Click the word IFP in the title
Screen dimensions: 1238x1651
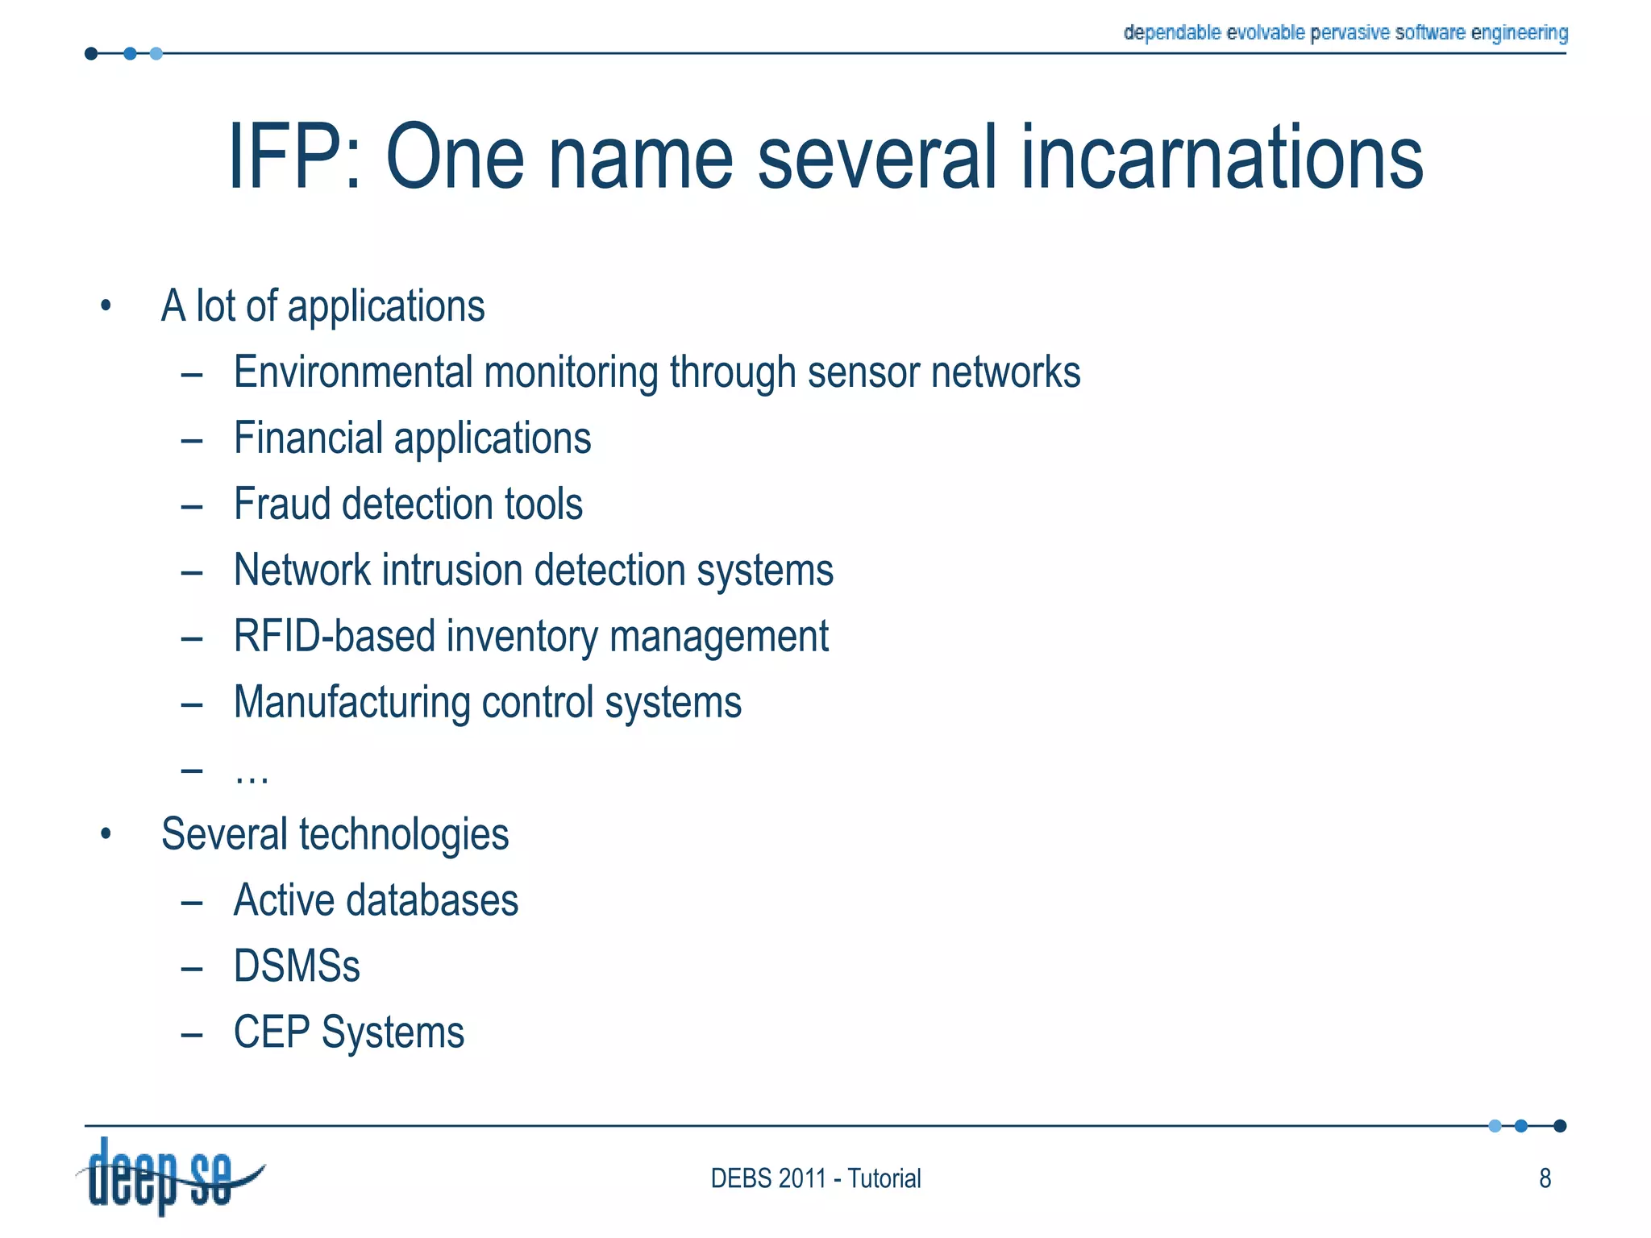tap(282, 157)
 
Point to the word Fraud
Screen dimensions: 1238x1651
tap(281, 505)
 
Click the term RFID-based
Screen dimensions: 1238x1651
tap(334, 637)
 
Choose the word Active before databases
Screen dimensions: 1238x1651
tap(283, 900)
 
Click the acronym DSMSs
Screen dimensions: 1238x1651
tap(297, 966)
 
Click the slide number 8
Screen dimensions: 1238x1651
tap(1545, 1178)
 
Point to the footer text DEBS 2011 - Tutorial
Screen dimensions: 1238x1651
tap(815, 1178)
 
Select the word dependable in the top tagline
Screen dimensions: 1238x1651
tap(1172, 32)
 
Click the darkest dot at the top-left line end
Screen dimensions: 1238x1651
tap(91, 54)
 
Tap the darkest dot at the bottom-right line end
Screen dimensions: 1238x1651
tap(1560, 1126)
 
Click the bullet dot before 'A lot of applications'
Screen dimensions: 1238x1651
tap(106, 306)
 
